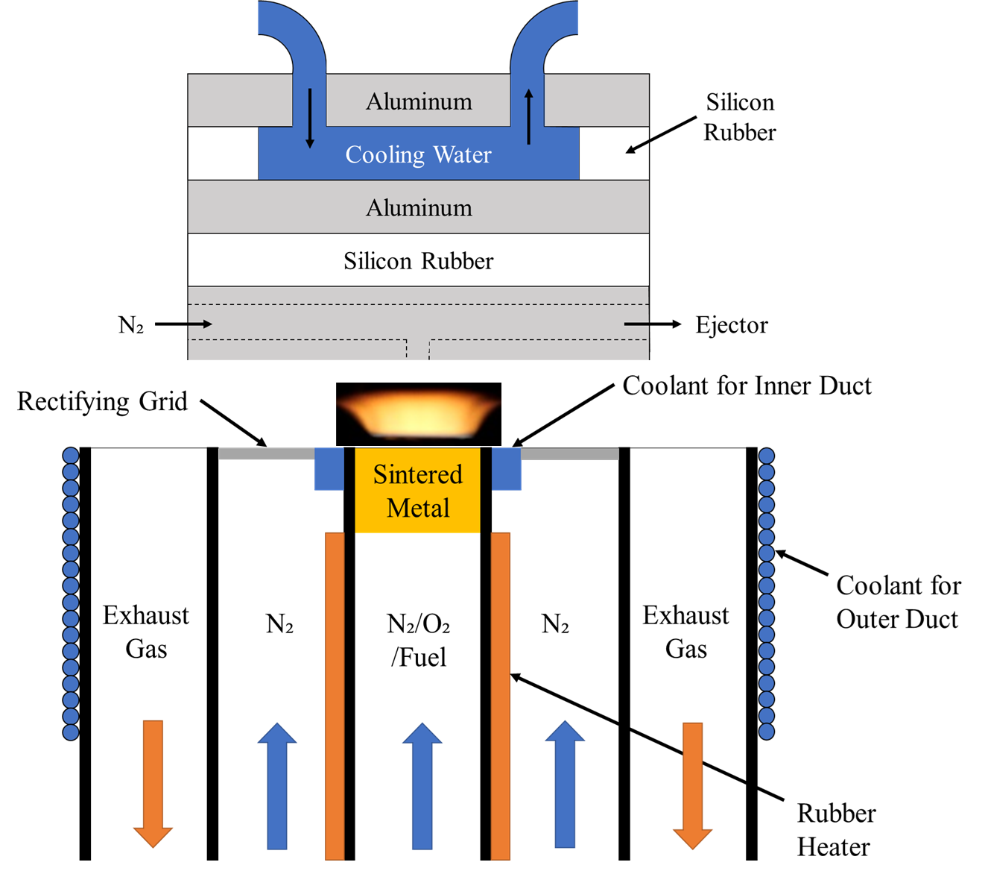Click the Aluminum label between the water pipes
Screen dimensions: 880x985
419,101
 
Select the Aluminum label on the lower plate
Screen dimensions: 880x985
419,207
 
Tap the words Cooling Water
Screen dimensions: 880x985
418,154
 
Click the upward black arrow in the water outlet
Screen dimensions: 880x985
529,116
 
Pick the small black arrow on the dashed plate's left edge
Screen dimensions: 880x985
200,324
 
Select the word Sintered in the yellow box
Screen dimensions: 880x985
417,474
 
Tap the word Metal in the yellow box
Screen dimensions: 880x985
418,508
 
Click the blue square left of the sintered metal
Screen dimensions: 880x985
329,469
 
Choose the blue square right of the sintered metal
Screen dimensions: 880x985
507,469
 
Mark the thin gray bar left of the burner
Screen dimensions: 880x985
266,454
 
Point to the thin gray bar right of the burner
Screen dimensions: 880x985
570,454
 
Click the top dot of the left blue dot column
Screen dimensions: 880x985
71,456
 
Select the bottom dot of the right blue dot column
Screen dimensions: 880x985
766,732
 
